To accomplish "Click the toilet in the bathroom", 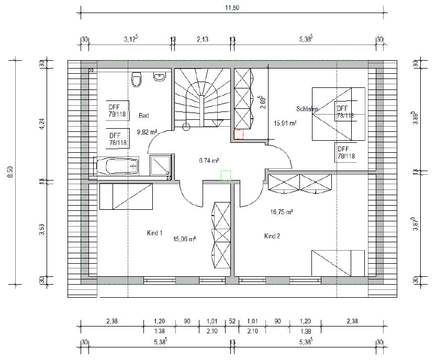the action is pyautogui.click(x=136, y=80).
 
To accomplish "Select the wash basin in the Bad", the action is pyautogui.click(x=160, y=77).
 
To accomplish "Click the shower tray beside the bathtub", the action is pyautogui.click(x=160, y=165).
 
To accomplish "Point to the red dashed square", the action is pyautogui.click(x=239, y=134).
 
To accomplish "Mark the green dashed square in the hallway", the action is pyautogui.click(x=226, y=175).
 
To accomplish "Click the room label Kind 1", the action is pyautogui.click(x=154, y=233).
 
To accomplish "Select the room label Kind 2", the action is pyautogui.click(x=272, y=236).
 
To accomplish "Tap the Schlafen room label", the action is pyautogui.click(x=307, y=109).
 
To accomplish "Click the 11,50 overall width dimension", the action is pyautogui.click(x=232, y=8).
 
